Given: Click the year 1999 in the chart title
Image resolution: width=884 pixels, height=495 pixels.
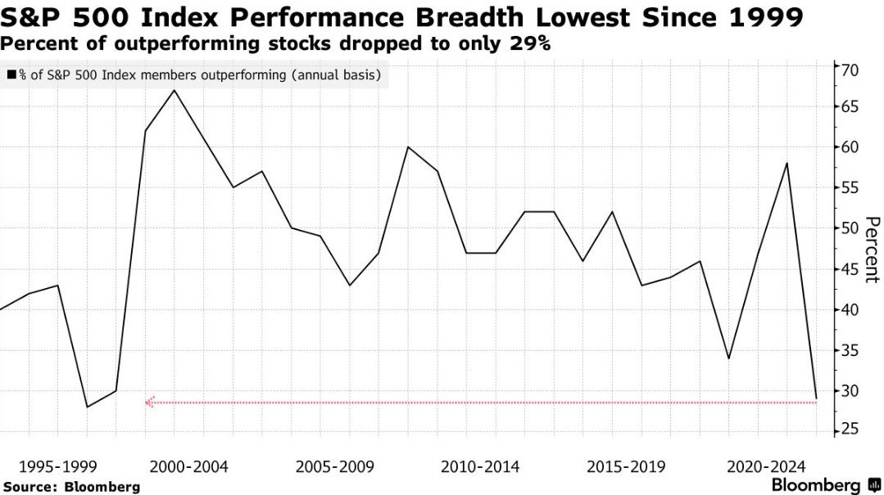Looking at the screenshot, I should pyautogui.click(x=764, y=17).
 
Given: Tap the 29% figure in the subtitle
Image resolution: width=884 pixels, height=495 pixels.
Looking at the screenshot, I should pyautogui.click(x=529, y=44).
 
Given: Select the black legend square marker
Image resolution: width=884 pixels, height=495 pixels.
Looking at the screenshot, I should pyautogui.click(x=11, y=76).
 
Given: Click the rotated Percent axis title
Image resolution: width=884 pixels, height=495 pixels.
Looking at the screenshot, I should pyautogui.click(x=872, y=250).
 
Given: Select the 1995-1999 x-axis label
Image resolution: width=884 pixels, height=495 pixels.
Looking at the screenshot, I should pyautogui.click(x=58, y=467).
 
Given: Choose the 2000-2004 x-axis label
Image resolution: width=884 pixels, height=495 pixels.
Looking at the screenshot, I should pyautogui.click(x=188, y=467).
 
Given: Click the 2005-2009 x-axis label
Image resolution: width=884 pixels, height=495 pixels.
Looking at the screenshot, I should pyautogui.click(x=334, y=467).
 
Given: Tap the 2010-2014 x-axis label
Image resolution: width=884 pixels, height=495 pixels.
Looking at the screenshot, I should pyautogui.click(x=480, y=467).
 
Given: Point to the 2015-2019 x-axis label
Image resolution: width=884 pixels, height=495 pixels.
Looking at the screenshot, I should pyautogui.click(x=627, y=467).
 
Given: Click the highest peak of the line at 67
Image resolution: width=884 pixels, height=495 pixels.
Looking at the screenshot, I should pyautogui.click(x=175, y=90).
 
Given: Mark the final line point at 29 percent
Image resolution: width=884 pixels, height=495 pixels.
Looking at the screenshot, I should pyautogui.click(x=816, y=398).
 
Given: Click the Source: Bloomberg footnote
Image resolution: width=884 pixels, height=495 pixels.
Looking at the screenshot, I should pyautogui.click(x=70, y=487).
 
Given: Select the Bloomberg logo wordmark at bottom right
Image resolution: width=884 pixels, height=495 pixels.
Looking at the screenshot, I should pyautogui.click(x=816, y=485).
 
